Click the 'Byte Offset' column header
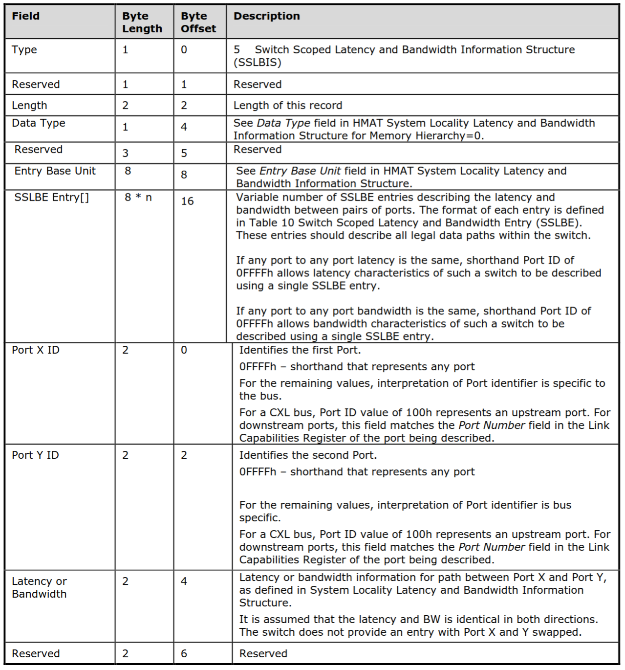click(198, 22)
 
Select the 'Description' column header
click(266, 16)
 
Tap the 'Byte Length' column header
click(142, 22)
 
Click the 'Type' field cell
click(24, 50)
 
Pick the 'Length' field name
click(29, 106)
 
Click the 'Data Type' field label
click(39, 123)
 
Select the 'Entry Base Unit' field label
click(55, 171)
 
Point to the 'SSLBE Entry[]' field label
click(51, 198)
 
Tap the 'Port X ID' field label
click(36, 350)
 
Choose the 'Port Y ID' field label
click(35, 455)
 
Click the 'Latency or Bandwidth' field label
click(39, 588)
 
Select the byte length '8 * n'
click(138, 198)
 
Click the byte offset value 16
click(187, 201)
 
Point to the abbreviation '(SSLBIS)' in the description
click(257, 63)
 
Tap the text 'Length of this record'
click(287, 106)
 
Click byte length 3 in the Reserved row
click(126, 154)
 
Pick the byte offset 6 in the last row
click(184, 654)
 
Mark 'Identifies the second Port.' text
click(308, 455)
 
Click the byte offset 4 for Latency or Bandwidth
click(184, 581)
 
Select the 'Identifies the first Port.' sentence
click(300, 350)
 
